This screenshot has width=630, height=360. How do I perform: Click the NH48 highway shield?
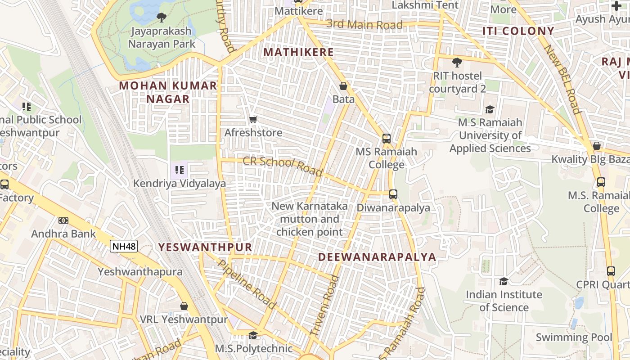click(x=124, y=246)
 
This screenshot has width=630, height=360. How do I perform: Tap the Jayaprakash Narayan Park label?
click(x=162, y=37)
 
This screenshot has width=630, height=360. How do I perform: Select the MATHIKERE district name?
click(x=298, y=52)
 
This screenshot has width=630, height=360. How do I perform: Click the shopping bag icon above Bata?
click(x=343, y=86)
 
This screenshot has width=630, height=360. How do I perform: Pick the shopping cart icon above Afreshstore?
click(x=253, y=119)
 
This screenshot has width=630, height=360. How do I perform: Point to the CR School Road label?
click(x=283, y=166)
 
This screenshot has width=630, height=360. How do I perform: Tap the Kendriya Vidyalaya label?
click(x=180, y=184)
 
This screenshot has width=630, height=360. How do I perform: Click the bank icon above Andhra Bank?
click(x=63, y=220)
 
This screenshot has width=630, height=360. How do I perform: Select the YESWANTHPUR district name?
click(x=205, y=247)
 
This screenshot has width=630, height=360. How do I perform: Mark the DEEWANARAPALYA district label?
click(x=377, y=257)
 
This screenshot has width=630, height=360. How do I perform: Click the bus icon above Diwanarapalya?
click(x=393, y=194)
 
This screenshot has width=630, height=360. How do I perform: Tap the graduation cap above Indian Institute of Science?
click(x=504, y=281)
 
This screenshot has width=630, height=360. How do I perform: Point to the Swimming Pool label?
click(x=574, y=337)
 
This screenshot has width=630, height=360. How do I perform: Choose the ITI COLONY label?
click(x=518, y=31)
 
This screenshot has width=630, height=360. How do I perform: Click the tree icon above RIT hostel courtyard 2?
click(x=457, y=63)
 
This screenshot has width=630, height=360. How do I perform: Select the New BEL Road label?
click(x=562, y=79)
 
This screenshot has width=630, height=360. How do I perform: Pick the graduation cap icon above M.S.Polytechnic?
click(x=253, y=335)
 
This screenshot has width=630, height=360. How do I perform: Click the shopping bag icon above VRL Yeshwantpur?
click(x=184, y=306)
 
